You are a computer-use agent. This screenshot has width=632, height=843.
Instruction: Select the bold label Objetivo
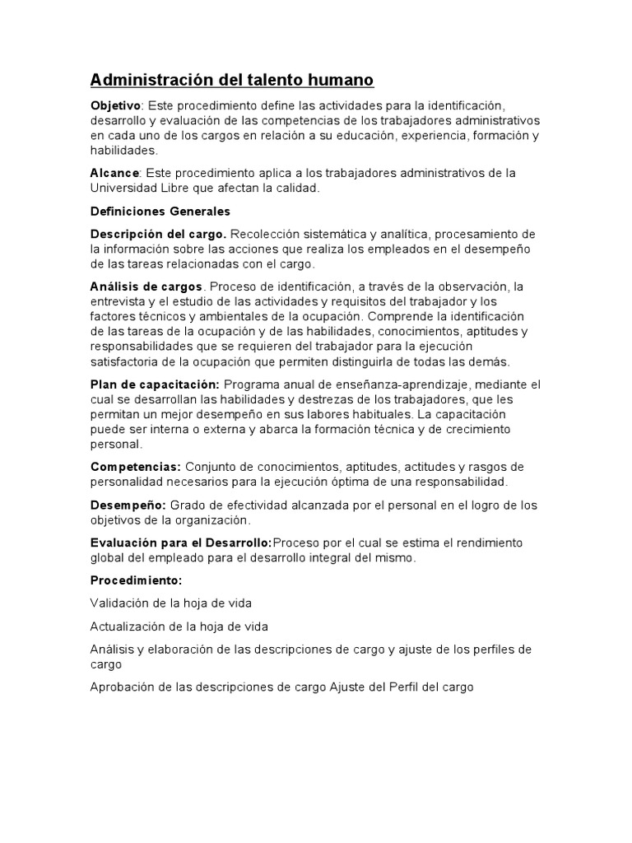[115, 106]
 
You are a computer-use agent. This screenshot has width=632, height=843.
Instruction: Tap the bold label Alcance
[114, 173]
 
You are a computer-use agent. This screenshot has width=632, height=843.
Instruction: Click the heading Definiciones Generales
[160, 212]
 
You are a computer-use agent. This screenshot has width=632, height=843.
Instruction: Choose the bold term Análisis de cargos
[146, 286]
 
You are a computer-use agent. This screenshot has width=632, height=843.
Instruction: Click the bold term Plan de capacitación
[155, 384]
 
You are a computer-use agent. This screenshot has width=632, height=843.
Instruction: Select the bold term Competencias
[136, 466]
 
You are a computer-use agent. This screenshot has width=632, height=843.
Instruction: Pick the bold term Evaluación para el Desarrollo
[181, 543]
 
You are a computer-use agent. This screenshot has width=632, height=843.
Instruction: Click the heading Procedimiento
[136, 580]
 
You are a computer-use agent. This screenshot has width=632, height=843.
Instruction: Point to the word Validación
[120, 603]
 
